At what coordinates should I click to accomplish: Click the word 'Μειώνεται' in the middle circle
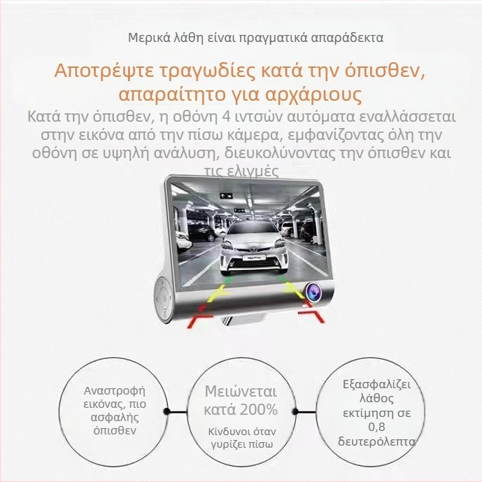[241, 391]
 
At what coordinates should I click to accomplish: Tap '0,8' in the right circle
[378, 427]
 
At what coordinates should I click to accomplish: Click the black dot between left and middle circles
[166, 411]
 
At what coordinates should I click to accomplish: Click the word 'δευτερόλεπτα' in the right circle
[378, 442]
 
